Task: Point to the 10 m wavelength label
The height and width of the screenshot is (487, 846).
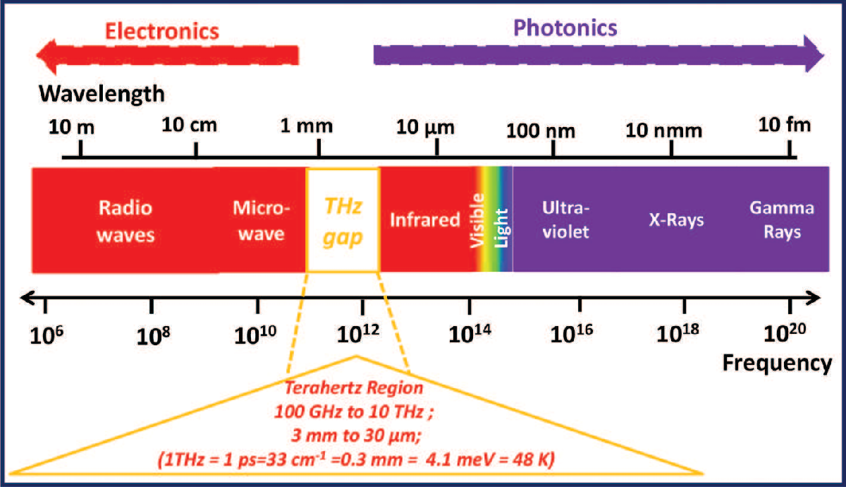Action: pos(71,127)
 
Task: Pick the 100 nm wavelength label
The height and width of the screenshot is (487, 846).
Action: pos(542,130)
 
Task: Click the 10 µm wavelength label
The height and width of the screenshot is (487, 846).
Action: pos(427,128)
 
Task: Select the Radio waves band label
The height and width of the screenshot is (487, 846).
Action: pos(125,220)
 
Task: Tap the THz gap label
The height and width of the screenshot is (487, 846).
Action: pos(343,220)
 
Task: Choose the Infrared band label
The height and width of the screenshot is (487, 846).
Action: pos(425,220)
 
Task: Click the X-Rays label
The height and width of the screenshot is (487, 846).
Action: pos(676,220)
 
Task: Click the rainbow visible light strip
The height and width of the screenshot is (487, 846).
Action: pos(493,220)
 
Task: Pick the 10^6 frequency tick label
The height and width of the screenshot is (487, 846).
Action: pos(45,332)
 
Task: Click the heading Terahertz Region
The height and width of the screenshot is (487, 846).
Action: pos(355,389)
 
